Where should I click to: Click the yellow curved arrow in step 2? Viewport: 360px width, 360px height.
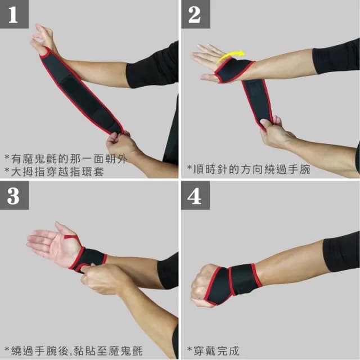pyautogui.click(x=231, y=55)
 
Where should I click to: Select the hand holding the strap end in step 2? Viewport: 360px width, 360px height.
pyautogui.click(x=276, y=133)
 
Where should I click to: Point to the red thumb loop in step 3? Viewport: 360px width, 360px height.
pyautogui.click(x=70, y=237)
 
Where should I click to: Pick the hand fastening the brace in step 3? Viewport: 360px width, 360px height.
pyautogui.click(x=104, y=278)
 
